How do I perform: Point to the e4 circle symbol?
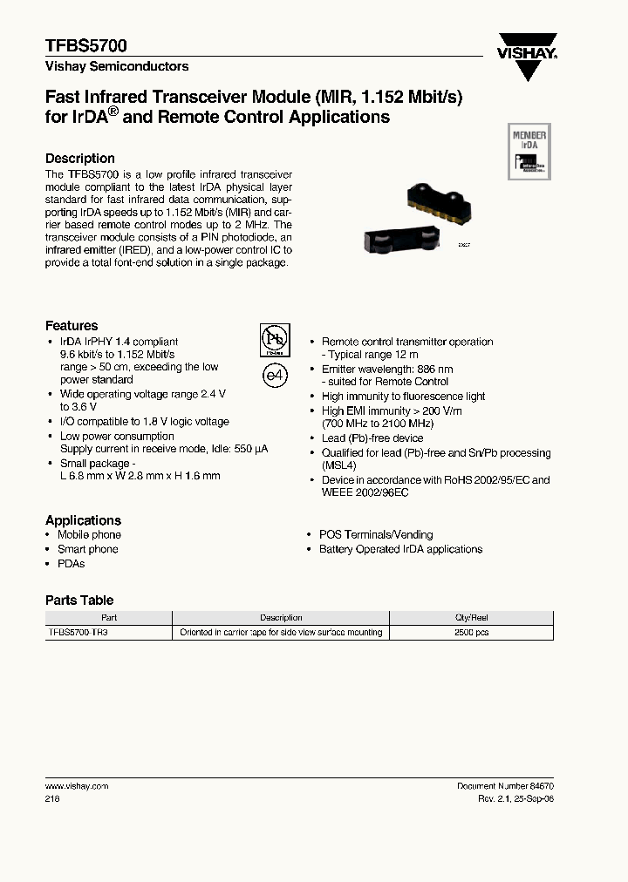[x=275, y=375]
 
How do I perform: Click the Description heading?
[x=80, y=159]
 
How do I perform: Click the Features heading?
[x=72, y=326]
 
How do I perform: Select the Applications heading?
[x=83, y=520]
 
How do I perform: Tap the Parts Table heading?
[x=79, y=600]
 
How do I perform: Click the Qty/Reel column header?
[x=471, y=617]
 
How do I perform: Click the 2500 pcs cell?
[x=471, y=632]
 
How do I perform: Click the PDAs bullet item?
[x=71, y=564]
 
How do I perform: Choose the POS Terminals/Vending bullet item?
[x=375, y=534]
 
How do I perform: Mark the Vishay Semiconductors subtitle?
[x=117, y=66]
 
